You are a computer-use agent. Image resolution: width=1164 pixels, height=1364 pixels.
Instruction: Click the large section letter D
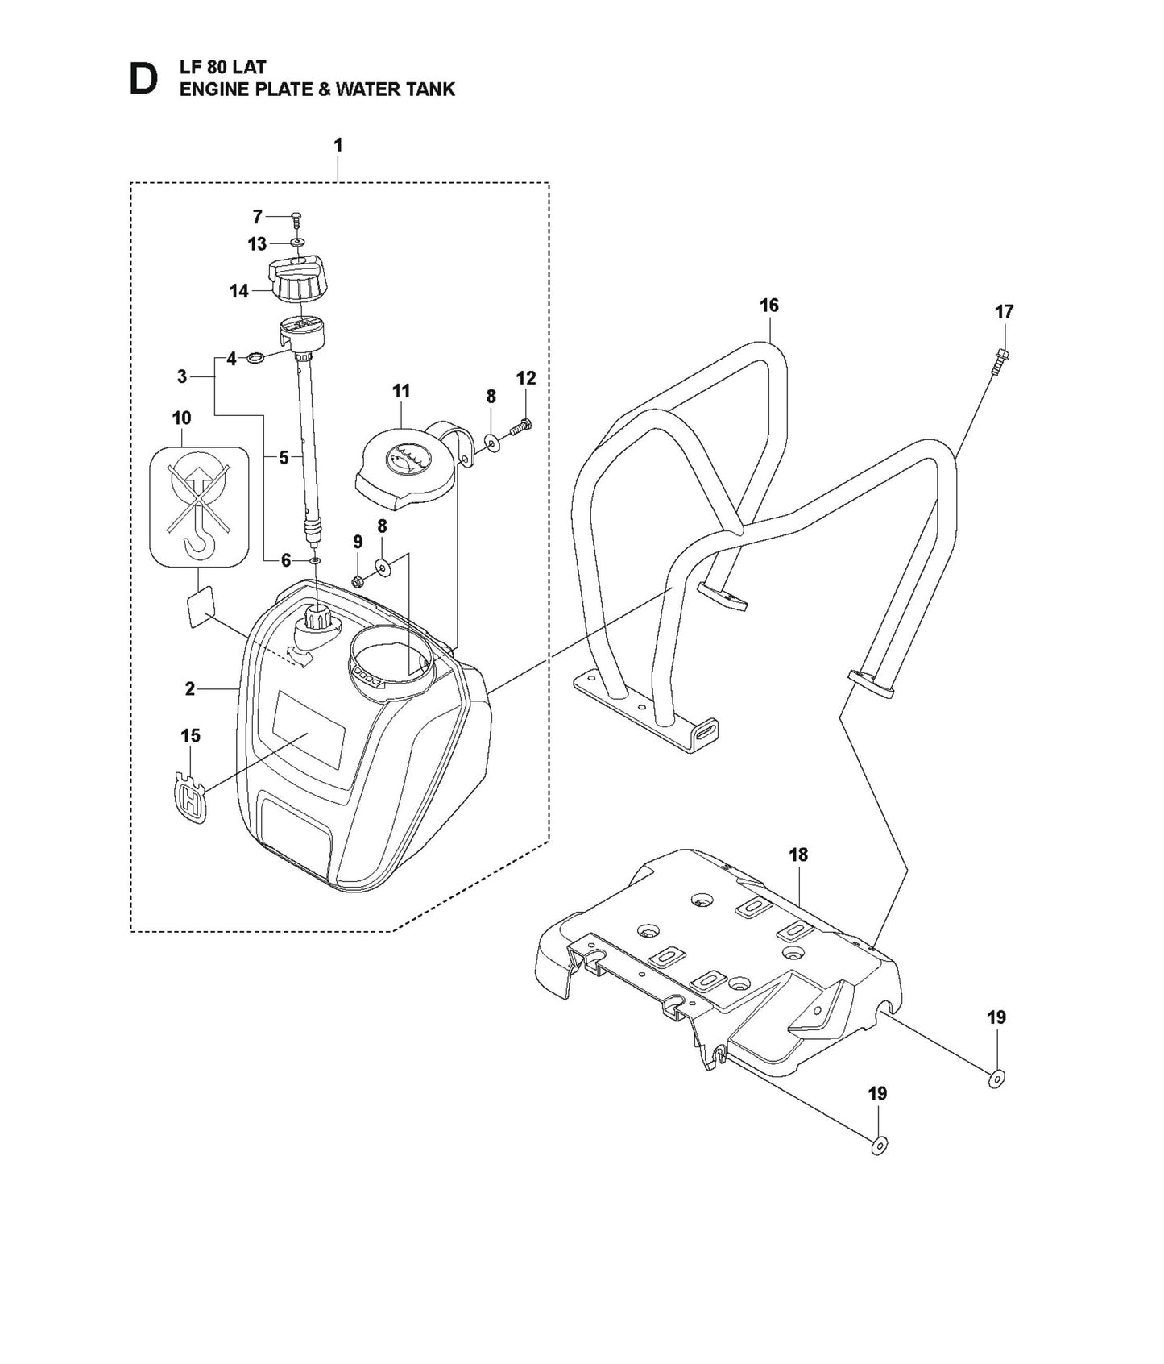pyautogui.click(x=143, y=79)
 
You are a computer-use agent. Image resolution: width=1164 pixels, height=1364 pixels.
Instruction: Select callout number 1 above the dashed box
pyautogui.click(x=338, y=145)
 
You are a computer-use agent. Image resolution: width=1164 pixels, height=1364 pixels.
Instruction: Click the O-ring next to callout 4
pyautogui.click(x=255, y=357)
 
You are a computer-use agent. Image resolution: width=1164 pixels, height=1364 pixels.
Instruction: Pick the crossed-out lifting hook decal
pyautogui.click(x=198, y=505)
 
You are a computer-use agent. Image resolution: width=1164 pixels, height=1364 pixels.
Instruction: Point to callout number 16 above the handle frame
pyautogui.click(x=769, y=305)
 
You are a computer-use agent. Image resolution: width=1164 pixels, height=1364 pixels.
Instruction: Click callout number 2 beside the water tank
pyautogui.click(x=190, y=688)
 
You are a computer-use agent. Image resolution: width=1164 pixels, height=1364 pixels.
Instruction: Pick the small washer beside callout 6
pyautogui.click(x=313, y=559)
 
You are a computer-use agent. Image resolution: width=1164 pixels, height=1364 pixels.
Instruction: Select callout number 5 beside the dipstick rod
pyautogui.click(x=284, y=458)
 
